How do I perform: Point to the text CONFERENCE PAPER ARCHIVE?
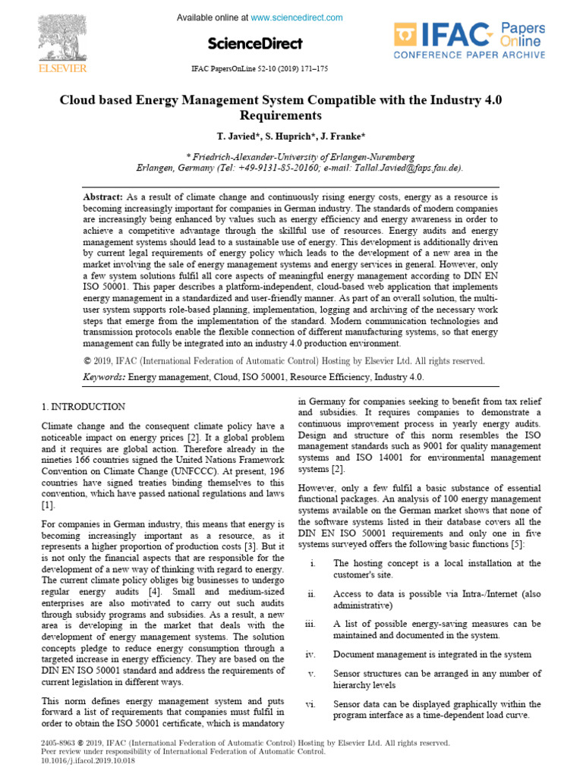click(468, 55)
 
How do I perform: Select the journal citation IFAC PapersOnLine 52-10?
click(258, 69)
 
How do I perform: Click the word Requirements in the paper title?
click(280, 116)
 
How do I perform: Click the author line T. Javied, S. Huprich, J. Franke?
click(291, 137)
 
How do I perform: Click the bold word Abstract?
click(103, 197)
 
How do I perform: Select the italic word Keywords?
click(104, 376)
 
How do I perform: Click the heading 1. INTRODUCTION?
click(84, 407)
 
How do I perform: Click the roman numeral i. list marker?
click(314, 564)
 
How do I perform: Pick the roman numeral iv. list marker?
click(310, 654)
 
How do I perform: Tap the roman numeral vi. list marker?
click(310, 704)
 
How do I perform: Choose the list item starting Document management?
click(432, 654)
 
